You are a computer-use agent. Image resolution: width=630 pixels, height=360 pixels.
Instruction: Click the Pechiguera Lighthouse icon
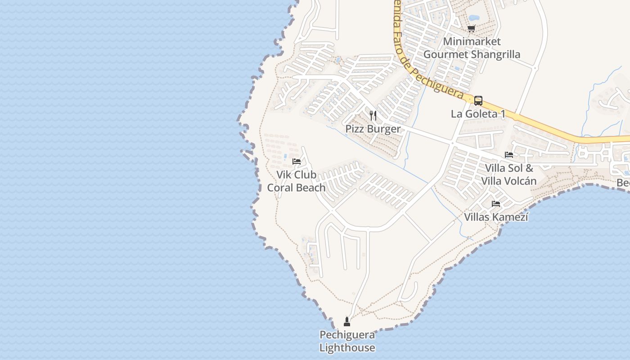(x=346, y=322)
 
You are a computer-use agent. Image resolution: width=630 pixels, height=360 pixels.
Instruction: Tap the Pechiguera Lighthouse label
(x=347, y=341)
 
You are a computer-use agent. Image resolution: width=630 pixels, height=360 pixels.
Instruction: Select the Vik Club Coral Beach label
(x=296, y=181)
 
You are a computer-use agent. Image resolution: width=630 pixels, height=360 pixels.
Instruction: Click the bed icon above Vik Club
(x=296, y=161)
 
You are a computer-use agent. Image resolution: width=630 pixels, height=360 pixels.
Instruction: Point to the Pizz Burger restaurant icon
(x=373, y=116)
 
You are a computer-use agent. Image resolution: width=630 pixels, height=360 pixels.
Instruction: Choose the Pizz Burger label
(x=373, y=129)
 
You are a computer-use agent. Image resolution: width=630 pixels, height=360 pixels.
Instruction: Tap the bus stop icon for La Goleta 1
(x=478, y=101)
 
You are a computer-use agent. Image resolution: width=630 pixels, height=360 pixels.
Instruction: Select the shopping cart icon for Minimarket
(x=471, y=29)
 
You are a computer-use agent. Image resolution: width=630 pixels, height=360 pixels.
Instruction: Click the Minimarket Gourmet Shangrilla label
(x=472, y=48)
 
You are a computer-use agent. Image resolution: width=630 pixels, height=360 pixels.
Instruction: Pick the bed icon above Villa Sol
(x=509, y=155)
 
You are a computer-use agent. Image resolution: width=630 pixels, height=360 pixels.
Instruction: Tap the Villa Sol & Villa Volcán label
(x=509, y=175)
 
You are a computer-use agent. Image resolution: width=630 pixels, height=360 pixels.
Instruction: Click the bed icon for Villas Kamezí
(x=496, y=204)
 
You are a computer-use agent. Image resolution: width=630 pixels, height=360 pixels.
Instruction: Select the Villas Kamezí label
(x=496, y=217)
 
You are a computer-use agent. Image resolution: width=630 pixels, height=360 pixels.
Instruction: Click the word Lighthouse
(x=347, y=348)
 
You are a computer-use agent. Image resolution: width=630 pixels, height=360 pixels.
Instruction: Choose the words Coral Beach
(x=296, y=188)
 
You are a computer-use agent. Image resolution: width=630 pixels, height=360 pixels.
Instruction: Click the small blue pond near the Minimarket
(x=474, y=18)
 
